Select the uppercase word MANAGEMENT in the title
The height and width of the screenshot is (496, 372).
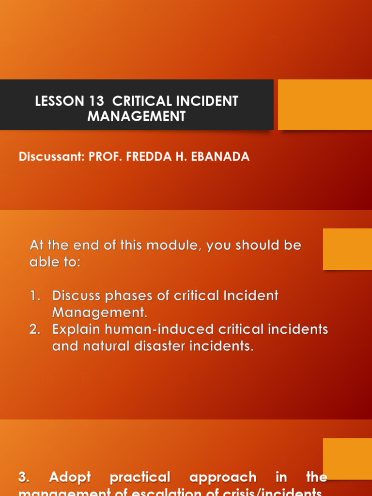coord(137,116)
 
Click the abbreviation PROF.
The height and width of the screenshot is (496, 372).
coord(106,157)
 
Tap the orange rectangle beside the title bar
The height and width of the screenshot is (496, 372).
coord(325,105)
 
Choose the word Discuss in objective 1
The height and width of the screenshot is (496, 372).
coord(77,295)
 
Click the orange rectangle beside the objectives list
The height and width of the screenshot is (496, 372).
coord(347,249)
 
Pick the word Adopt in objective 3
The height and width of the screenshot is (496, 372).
coord(70,477)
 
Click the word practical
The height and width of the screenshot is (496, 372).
coord(140,477)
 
